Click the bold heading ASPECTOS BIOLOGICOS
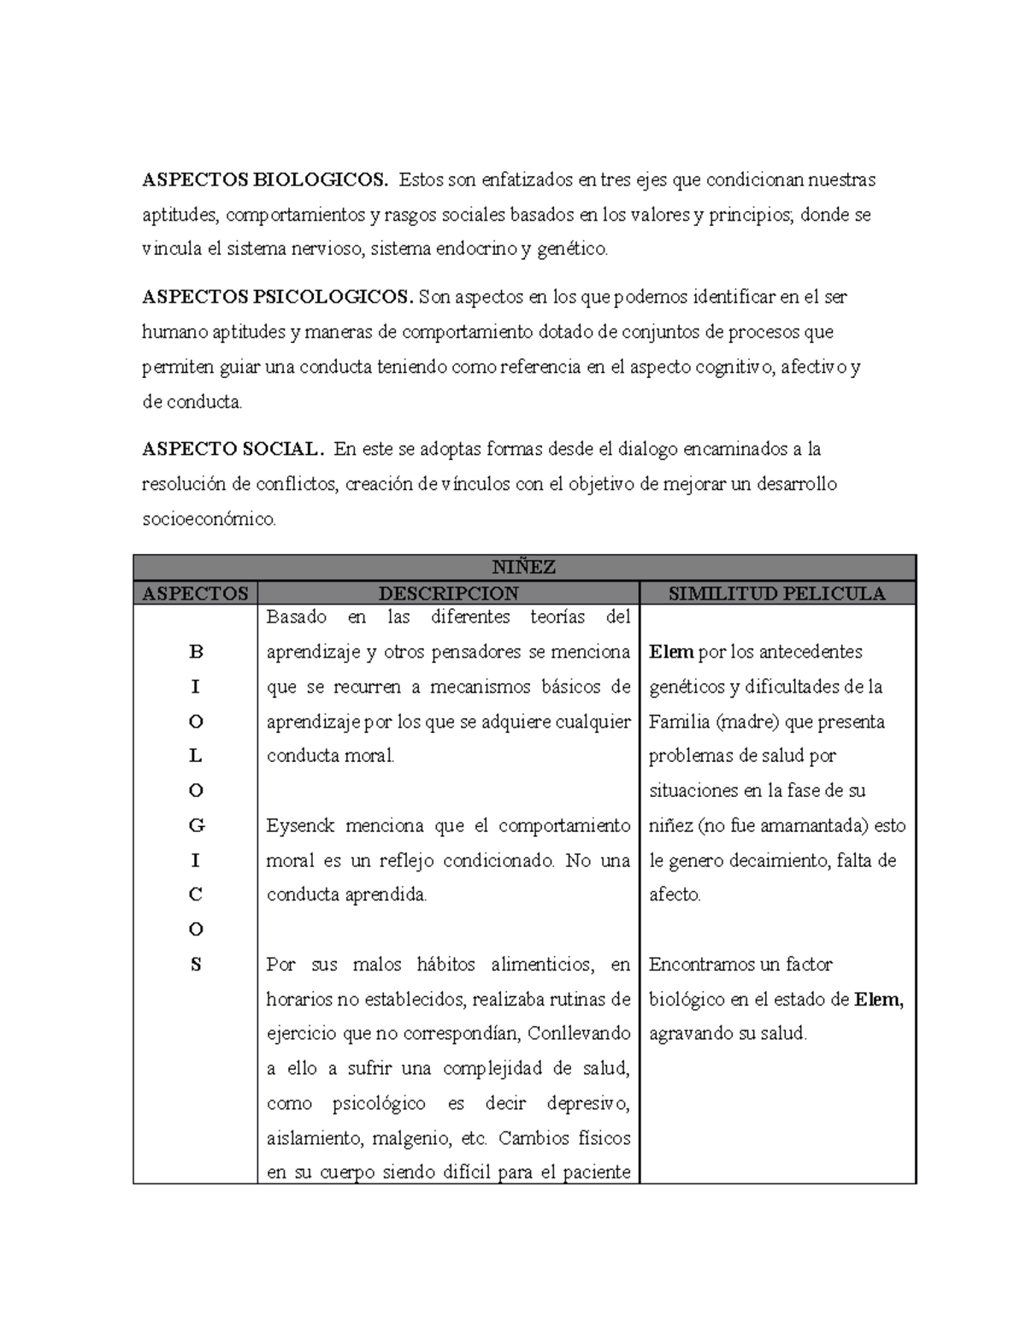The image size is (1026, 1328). pos(265,180)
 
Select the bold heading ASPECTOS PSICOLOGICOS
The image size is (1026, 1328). pos(278,297)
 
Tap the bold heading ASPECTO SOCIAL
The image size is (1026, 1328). pos(233,449)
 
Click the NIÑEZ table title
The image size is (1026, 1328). pos(524,567)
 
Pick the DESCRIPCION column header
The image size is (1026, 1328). pos(449,593)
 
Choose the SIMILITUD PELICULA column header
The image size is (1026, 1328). pos(776,593)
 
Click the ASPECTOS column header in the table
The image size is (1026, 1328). pos(195,593)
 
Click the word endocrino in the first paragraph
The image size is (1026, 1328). pos(476,250)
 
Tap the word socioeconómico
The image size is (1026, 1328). pos(209,519)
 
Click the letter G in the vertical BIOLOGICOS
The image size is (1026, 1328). pos(196,826)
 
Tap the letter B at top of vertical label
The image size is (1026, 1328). pos(196,652)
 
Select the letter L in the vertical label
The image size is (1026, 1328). pos(196,756)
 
